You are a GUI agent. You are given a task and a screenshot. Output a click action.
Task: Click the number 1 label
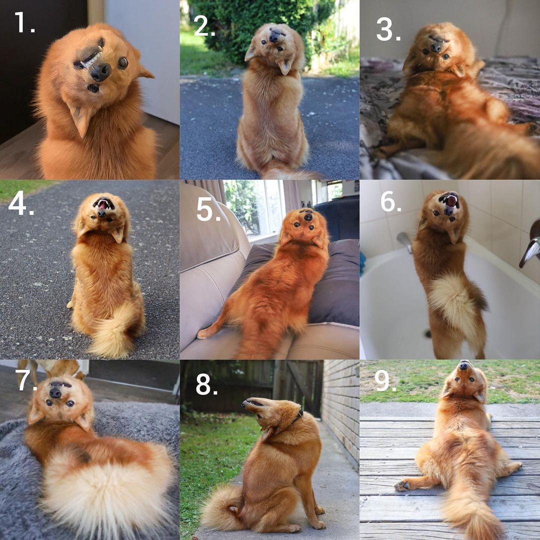24,22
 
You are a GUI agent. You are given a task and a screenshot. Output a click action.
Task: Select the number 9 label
385,381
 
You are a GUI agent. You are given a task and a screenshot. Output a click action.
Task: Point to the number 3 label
388,29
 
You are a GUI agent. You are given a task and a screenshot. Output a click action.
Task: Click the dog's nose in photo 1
100,72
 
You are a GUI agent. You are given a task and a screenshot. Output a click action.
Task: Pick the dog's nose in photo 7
55,392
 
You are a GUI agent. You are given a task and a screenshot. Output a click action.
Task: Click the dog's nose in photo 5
308,217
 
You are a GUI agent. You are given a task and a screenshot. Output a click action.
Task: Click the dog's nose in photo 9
464,365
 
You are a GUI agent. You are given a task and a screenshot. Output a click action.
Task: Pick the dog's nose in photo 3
436,47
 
